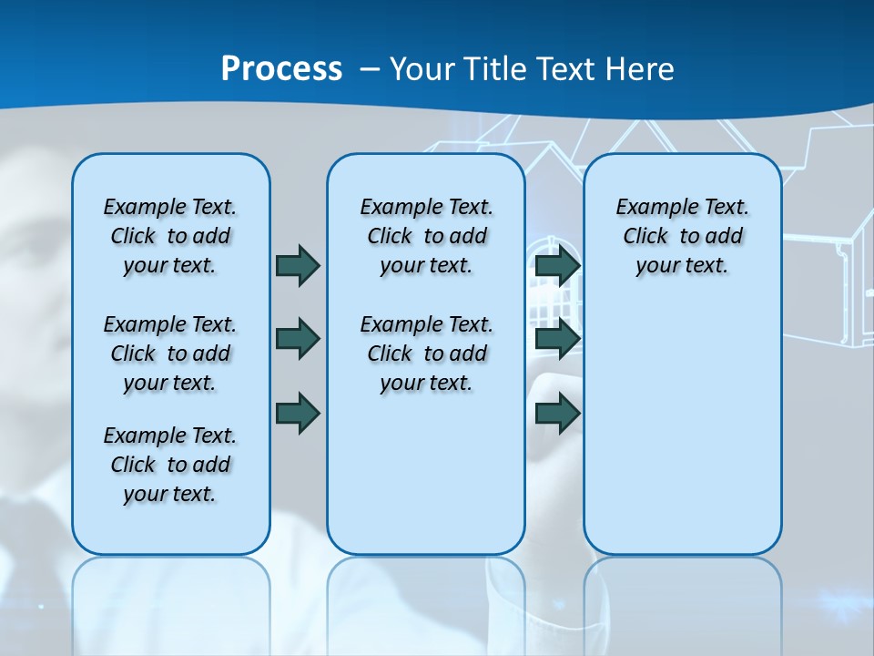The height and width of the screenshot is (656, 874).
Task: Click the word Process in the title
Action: coord(281,69)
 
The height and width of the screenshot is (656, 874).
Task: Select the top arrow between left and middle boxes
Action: coord(298,265)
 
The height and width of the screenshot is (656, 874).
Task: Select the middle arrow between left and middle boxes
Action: coord(298,339)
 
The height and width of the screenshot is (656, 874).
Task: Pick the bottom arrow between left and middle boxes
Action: coord(298,413)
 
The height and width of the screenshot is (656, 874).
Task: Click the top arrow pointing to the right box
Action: coord(557,265)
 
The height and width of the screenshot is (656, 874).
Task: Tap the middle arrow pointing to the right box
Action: coord(557,339)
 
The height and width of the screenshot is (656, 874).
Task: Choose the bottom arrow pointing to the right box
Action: coord(557,413)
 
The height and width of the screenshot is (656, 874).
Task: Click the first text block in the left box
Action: coord(170,236)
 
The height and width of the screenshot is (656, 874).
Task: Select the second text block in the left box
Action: coord(170,354)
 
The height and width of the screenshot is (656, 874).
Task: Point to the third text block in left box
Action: coord(170,465)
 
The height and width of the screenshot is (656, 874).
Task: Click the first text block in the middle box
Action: coord(426,236)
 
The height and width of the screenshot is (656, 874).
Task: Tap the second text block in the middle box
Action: coord(426,354)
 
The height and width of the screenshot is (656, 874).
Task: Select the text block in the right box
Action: coord(682,236)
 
